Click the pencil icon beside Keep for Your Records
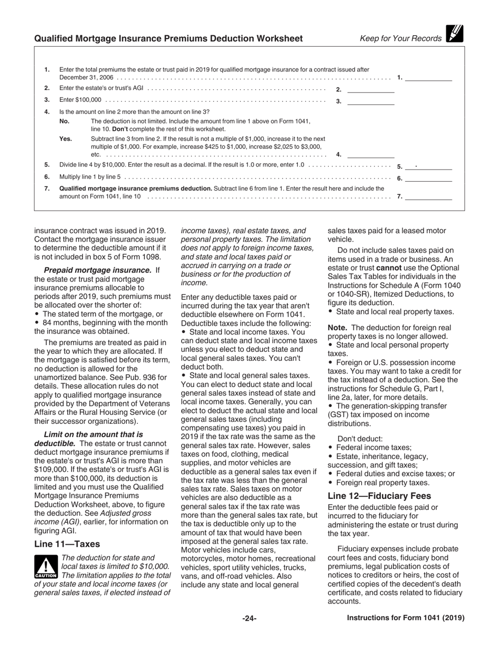pos(454,34)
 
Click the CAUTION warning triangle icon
pos(46,567)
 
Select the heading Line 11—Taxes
pos(67,544)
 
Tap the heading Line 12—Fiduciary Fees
pos(379,496)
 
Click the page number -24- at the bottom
pos(249,619)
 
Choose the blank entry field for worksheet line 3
pos(371,101)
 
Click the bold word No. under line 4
pos(65,121)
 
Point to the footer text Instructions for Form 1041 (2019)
pos(406,618)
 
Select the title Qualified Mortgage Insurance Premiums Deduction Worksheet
pos(168,38)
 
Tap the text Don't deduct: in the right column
pos(360,439)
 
